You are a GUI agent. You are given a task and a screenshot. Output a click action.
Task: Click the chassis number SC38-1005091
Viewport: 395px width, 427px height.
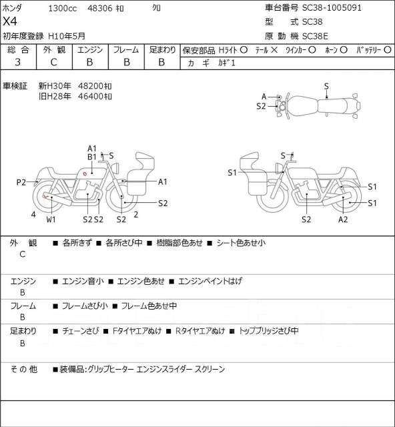coord(332,7)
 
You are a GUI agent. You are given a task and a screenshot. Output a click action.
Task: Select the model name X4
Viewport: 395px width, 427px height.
coord(10,21)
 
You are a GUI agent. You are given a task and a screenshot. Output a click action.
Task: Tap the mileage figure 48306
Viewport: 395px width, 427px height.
coord(99,8)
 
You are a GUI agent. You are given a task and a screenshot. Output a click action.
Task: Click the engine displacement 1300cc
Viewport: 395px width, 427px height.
coord(62,8)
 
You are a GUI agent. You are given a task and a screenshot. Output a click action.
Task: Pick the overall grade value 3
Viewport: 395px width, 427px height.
coord(18,62)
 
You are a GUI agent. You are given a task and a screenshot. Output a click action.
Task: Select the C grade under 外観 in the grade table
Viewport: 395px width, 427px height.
coord(53,62)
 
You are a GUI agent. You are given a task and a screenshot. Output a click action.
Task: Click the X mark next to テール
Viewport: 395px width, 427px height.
coord(274,50)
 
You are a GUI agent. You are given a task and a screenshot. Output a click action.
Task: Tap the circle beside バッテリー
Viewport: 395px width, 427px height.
coord(388,50)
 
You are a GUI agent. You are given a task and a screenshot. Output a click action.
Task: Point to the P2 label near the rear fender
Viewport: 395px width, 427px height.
coord(21,182)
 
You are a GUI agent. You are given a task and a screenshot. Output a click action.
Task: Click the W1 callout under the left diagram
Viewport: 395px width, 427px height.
coord(51,220)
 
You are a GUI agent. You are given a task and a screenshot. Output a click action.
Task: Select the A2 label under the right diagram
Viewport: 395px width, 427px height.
coord(343,220)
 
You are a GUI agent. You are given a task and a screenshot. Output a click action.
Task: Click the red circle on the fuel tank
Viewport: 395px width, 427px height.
coord(85,173)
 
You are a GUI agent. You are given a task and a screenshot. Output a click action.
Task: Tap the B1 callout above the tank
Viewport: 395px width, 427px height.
coord(92,157)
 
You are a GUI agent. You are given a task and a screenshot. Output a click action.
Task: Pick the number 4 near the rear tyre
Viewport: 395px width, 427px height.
coord(33,215)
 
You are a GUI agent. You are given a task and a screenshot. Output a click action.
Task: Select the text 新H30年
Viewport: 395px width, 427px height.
coord(55,86)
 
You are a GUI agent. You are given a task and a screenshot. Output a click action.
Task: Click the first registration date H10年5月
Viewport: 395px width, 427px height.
coord(67,36)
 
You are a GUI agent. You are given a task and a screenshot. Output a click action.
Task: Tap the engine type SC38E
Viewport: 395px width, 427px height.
coord(315,36)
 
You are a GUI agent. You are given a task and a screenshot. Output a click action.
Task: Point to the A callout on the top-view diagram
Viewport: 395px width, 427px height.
coord(264,96)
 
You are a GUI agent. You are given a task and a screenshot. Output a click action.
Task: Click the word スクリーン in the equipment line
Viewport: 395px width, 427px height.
coord(210,369)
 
